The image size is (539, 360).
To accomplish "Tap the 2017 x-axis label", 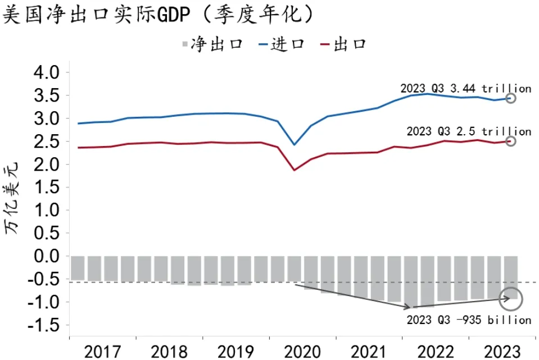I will click(103, 352).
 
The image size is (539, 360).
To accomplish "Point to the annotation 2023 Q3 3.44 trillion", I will click(465, 88).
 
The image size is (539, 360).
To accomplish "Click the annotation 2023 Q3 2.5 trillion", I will click(468, 131).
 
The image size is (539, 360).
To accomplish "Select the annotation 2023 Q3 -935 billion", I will click(468, 320).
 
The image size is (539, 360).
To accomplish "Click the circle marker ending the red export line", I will click(510, 141).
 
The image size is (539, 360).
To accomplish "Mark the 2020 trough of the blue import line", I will click(295, 145).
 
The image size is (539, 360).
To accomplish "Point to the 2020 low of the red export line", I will click(295, 170).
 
